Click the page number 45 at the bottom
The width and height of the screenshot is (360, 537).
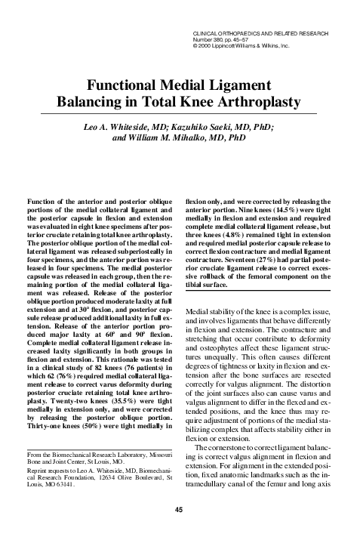[x=180, y=508]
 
